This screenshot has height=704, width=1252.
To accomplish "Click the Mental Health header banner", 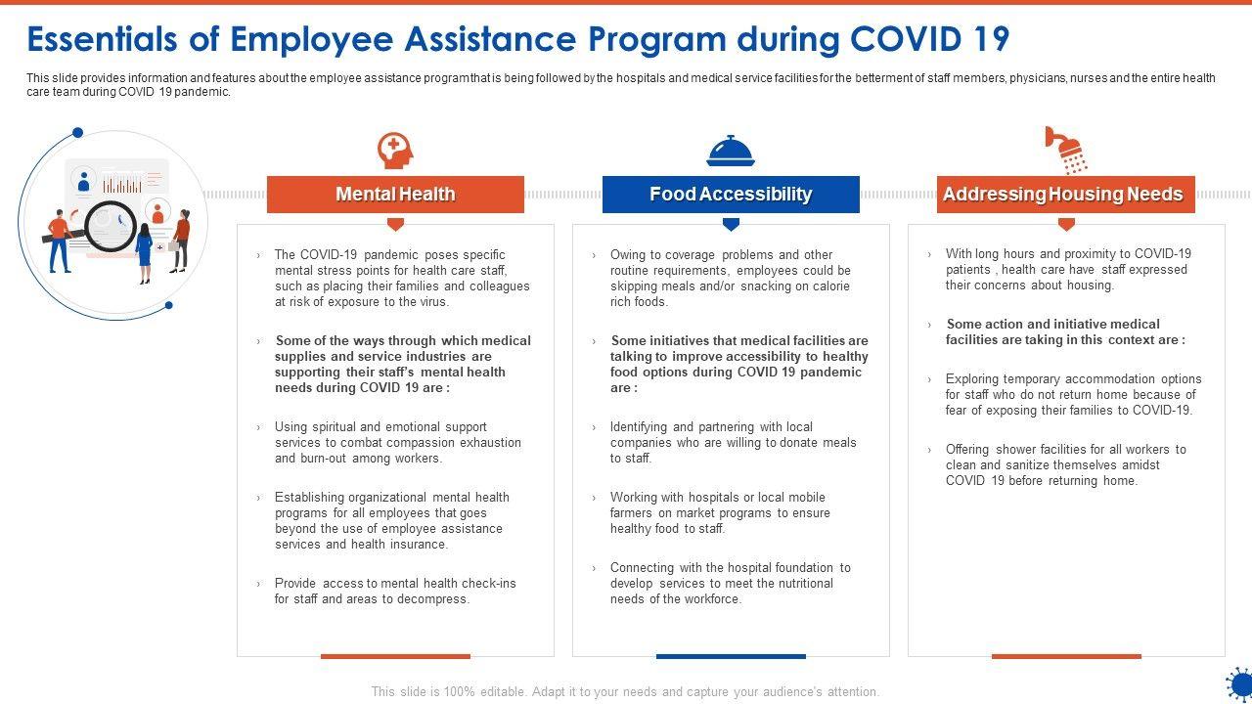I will coord(395,195).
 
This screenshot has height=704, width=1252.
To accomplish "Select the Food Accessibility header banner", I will coord(731,195).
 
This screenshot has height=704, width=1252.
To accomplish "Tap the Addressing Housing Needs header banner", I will coord(1065,195).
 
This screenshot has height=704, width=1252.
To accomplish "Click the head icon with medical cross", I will coord(395,151).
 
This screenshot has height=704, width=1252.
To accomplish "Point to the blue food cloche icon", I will coord(731,152).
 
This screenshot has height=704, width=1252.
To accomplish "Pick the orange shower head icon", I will coord(1066,150).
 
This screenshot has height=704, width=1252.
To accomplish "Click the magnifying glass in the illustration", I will coord(110,226).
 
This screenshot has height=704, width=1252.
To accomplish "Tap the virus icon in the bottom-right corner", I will coord(1239,683).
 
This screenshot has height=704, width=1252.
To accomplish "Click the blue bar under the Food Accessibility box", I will coord(731,656).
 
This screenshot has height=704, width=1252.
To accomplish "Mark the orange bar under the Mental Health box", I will coord(395,656).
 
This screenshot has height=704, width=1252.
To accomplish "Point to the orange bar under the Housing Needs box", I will coord(1066,656).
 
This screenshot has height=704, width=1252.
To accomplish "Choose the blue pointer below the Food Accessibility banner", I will coord(731,225).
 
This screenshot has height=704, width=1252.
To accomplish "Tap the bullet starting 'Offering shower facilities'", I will coord(1065,464).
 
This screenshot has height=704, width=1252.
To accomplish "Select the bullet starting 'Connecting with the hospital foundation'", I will coord(730,583).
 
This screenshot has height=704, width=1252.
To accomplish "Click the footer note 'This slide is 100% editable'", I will coord(625,691).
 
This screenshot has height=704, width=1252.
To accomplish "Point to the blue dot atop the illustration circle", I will coord(78,133).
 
